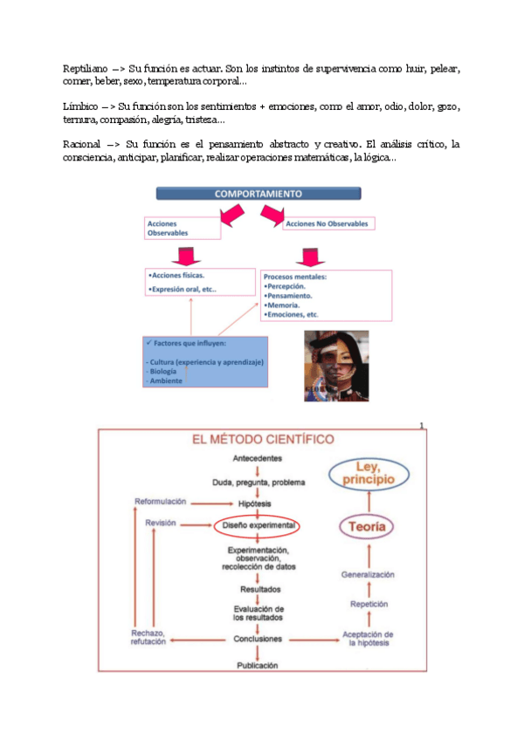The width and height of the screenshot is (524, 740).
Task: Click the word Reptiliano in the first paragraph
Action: click(85, 68)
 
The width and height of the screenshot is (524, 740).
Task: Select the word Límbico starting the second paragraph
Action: click(80, 106)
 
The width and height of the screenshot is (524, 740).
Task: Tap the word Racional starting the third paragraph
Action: click(83, 143)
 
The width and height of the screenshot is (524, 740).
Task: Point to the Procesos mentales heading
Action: click(295, 277)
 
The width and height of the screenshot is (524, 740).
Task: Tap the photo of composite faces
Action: click(335, 366)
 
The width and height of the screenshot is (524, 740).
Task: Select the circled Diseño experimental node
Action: click(258, 526)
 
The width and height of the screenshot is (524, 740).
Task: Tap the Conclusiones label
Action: click(258, 639)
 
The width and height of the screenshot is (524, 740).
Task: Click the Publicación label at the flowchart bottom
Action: click(258, 665)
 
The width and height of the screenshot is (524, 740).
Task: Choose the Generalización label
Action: click(368, 575)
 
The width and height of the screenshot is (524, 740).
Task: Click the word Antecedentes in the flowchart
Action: click(258, 459)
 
